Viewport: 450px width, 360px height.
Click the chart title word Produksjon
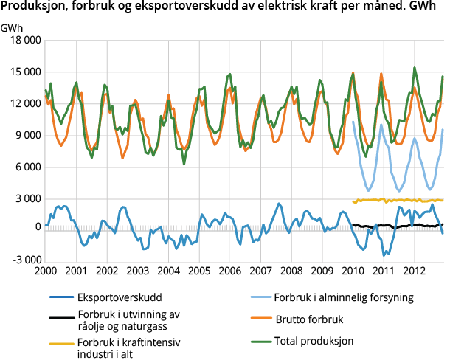point(32,8)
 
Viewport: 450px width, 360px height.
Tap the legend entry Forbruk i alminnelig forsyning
point(354,299)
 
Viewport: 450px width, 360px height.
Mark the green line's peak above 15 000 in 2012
point(414,68)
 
